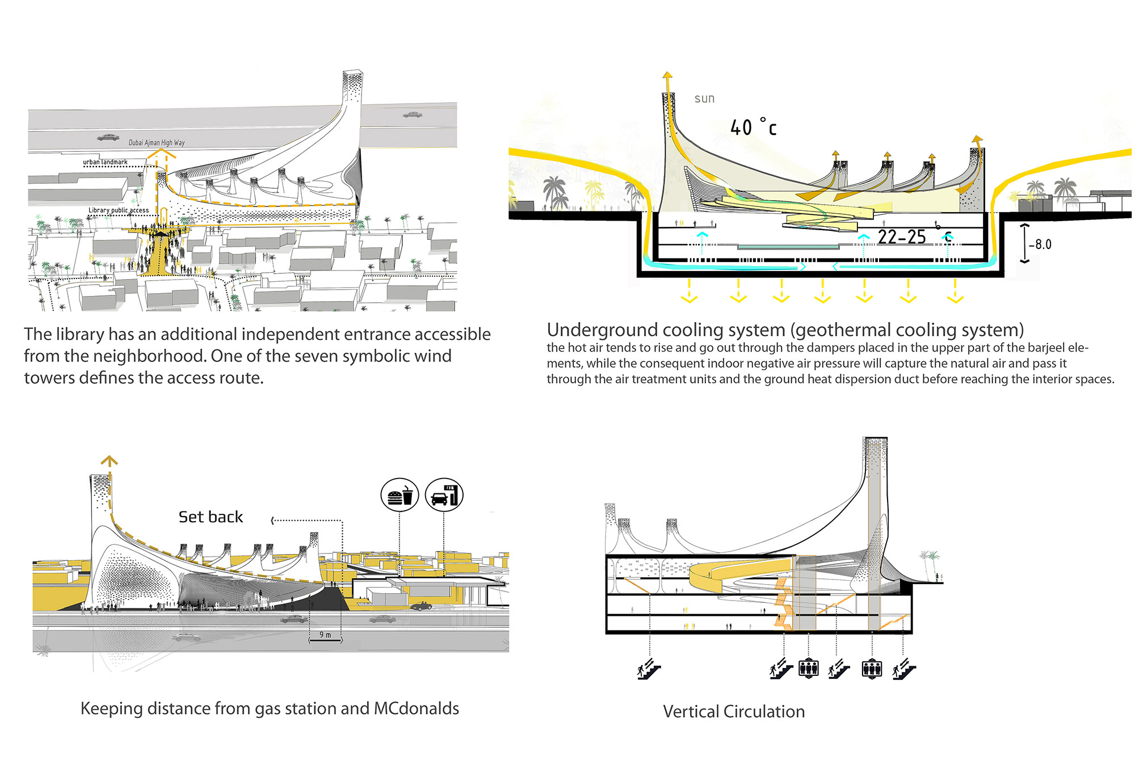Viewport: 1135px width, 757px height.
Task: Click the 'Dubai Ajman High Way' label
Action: point(156,142)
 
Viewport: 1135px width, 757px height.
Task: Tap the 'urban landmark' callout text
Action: point(105,162)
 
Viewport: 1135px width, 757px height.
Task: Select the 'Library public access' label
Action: point(119,210)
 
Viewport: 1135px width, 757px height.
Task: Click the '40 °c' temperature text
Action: point(753,128)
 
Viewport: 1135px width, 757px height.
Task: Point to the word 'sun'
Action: point(704,99)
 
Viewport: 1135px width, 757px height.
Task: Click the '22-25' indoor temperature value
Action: point(902,237)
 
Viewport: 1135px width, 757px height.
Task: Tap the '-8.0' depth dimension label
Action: point(1040,244)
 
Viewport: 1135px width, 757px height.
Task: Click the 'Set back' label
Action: point(211,517)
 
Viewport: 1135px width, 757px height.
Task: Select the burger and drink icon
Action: point(400,496)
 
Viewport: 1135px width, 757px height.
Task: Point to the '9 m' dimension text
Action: point(325,635)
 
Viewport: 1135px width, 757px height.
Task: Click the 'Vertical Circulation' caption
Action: point(733,712)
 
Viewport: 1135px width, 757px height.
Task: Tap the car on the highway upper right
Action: point(413,115)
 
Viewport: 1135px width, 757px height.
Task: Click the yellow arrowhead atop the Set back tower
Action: point(109,460)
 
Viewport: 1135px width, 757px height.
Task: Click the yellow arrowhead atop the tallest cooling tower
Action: point(667,75)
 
